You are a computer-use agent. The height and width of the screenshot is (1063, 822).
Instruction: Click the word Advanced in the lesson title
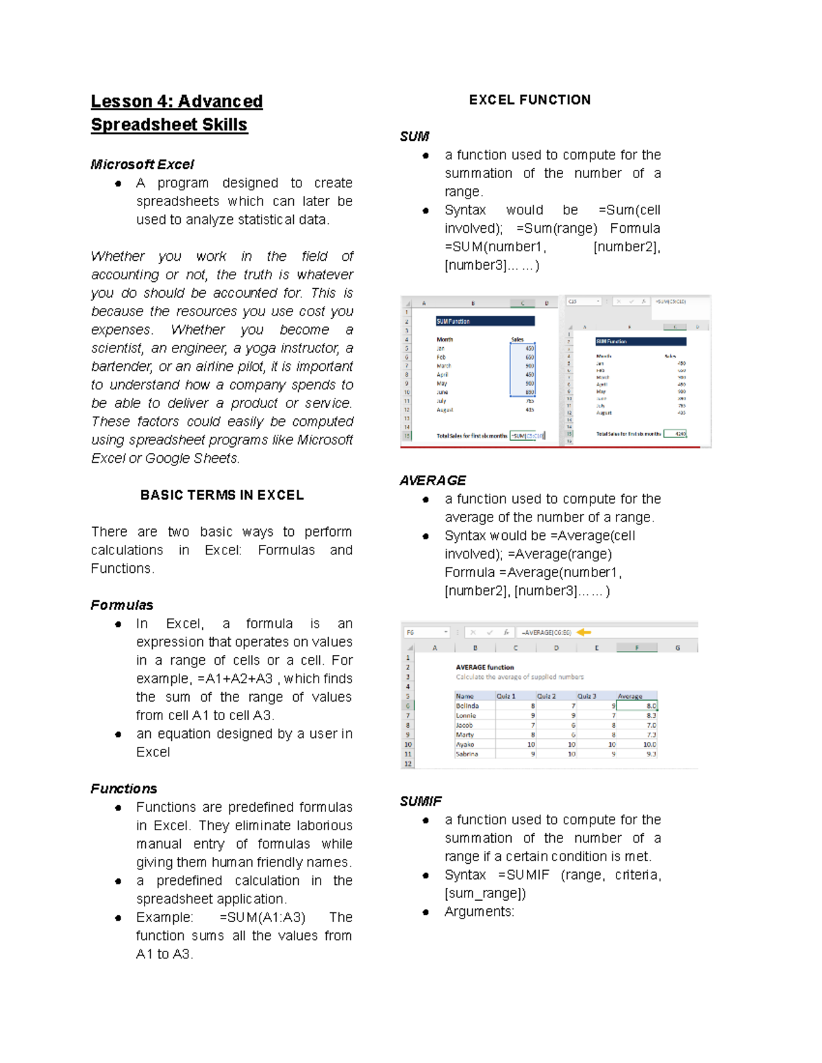point(220,101)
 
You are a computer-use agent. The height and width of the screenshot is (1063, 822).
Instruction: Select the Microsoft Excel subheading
point(142,164)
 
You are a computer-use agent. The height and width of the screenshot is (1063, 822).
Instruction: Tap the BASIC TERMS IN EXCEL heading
point(222,495)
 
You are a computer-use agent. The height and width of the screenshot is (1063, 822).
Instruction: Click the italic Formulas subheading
point(121,605)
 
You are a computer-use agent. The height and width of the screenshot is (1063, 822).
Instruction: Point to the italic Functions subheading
point(123,789)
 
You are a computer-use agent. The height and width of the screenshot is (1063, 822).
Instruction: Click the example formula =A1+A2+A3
point(234,679)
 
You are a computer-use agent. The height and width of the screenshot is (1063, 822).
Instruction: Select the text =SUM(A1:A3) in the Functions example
point(262,917)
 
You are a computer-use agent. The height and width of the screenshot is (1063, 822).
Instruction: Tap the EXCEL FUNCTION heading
point(530,100)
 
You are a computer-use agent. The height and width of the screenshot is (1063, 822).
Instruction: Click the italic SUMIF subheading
point(421,801)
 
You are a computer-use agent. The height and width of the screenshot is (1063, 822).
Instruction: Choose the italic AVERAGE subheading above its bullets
point(432,481)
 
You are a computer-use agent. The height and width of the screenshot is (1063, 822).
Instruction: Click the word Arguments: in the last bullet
point(479,912)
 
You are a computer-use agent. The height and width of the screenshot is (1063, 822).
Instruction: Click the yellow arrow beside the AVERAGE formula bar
point(584,632)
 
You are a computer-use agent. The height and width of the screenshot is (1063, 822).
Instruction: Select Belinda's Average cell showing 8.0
point(637,706)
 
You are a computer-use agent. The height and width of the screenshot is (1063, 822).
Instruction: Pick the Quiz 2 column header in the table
point(546,696)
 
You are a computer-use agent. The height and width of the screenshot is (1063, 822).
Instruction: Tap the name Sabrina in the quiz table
point(467,754)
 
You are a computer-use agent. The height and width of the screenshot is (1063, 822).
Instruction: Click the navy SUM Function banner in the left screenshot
point(485,321)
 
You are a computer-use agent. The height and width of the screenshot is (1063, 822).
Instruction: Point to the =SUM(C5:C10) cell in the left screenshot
point(527,435)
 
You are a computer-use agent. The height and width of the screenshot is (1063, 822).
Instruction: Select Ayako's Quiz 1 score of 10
point(531,744)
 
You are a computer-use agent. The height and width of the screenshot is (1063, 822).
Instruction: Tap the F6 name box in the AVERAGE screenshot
point(425,632)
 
